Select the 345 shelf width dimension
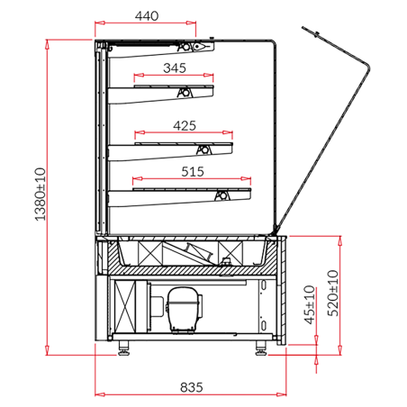[x=176, y=68]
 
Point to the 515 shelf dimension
[x=192, y=171]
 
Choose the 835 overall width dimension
[x=190, y=387]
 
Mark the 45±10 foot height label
[x=309, y=305]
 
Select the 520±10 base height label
[x=332, y=291]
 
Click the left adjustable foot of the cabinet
[x=123, y=348]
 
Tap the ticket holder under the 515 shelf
[x=222, y=194]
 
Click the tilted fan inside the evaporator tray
[x=198, y=252]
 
